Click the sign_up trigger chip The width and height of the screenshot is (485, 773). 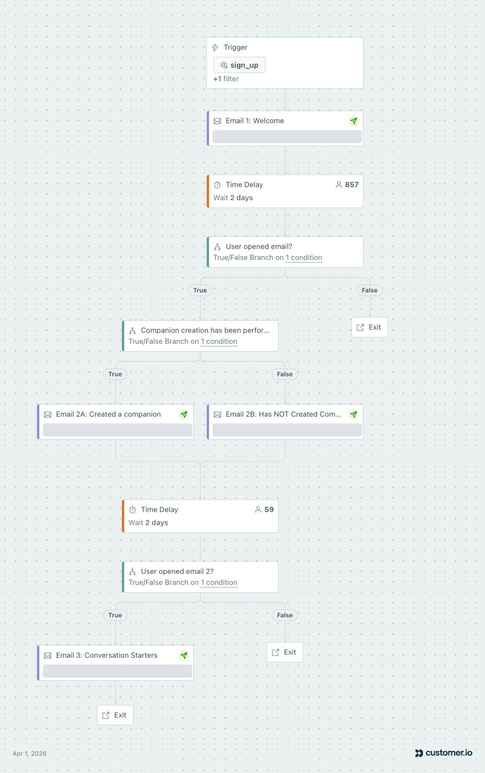pos(239,65)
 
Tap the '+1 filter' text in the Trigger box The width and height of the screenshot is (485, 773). pos(226,79)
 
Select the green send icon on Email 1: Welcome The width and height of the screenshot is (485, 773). pos(353,121)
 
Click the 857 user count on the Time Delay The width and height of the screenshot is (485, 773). pos(347,184)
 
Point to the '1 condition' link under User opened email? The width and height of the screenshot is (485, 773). pos(304,257)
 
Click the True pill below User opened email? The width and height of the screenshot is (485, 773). pos(200,290)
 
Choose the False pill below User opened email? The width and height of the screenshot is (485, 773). pos(369,290)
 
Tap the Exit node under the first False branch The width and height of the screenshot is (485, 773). pos(369,327)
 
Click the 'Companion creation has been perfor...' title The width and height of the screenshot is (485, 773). pos(205,330)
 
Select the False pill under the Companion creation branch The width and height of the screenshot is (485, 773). pos(284,374)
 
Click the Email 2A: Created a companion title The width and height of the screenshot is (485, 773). pos(108,414)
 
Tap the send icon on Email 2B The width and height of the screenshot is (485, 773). pos(353,415)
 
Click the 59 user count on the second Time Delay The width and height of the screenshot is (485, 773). pos(264,509)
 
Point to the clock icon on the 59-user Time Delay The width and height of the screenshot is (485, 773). pos(133,510)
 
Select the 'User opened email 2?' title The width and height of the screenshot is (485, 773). pos(178,571)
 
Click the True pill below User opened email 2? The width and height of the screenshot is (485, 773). pos(115,615)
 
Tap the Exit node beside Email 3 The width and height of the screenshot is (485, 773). pos(284,652)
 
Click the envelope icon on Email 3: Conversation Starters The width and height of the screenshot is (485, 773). pos(48,655)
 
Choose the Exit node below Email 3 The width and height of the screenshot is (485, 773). pos(115,715)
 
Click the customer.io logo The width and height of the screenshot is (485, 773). pos(444,753)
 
